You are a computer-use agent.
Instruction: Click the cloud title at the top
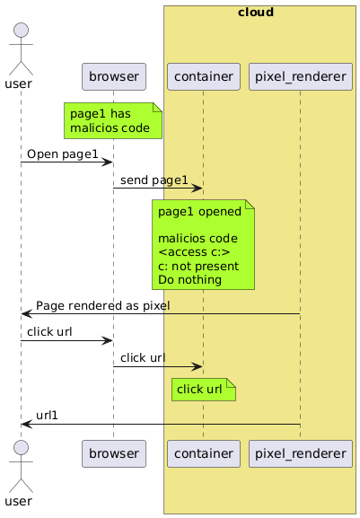pyautogui.click(x=256, y=13)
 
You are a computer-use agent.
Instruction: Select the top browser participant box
pyautogui.click(x=114, y=76)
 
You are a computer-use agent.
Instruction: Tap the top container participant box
pyautogui.click(x=204, y=76)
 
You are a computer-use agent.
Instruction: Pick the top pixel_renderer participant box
pyautogui.click(x=301, y=76)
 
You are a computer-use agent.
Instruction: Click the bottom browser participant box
pyautogui.click(x=114, y=453)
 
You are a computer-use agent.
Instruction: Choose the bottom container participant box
pyautogui.click(x=204, y=453)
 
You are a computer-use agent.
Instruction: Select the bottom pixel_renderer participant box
pyautogui.click(x=301, y=453)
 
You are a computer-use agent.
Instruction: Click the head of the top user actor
pyautogui.click(x=21, y=30)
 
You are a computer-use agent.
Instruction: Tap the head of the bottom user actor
pyautogui.click(x=21, y=448)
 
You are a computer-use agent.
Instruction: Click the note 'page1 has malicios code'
pyautogui.click(x=113, y=120)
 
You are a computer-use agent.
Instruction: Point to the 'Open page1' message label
pyautogui.click(x=63, y=154)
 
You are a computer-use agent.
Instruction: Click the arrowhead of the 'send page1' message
pyautogui.click(x=198, y=189)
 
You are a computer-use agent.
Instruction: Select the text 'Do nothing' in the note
pyautogui.click(x=190, y=280)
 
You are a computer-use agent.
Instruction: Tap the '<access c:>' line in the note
pyautogui.click(x=194, y=252)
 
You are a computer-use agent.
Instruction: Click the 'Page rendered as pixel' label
pyautogui.click(x=103, y=305)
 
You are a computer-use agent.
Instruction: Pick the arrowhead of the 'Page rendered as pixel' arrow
pyautogui.click(x=26, y=314)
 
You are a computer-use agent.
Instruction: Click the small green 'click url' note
pyautogui.click(x=204, y=390)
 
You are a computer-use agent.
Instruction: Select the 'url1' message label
pyautogui.click(x=47, y=416)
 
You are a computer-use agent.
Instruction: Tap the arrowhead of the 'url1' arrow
pyautogui.click(x=26, y=424)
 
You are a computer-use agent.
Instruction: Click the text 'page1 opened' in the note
pyautogui.click(x=199, y=212)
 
